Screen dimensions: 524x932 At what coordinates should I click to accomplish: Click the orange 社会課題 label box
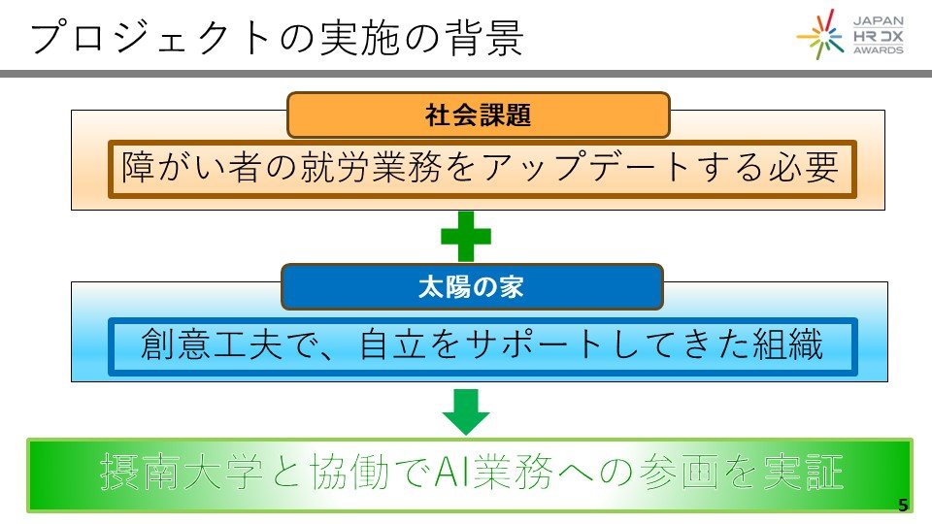478,115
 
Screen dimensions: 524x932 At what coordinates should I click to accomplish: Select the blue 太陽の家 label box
472,287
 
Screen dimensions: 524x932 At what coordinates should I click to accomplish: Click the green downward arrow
466,410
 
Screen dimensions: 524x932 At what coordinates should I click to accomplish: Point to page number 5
903,504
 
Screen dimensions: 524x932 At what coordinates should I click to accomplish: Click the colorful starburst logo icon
821,35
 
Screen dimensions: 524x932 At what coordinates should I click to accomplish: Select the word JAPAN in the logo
878,18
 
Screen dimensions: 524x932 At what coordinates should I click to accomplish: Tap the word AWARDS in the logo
878,49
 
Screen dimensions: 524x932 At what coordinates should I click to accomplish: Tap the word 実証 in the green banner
807,473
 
